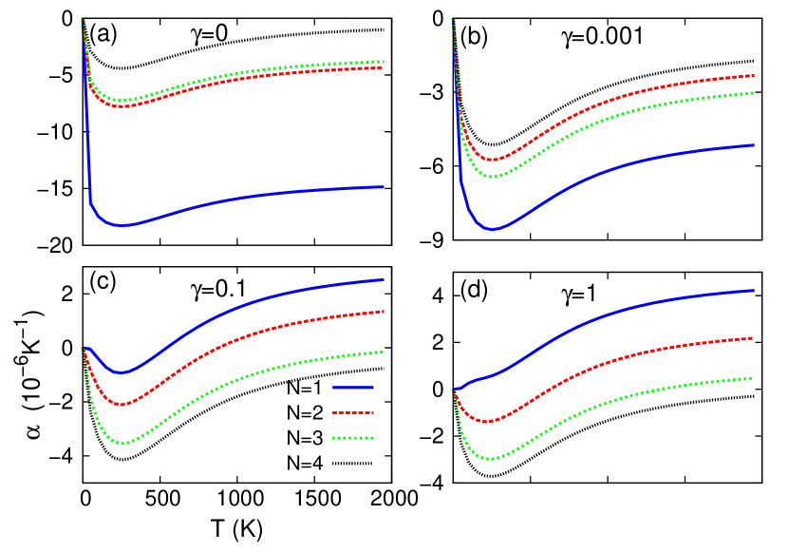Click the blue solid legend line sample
pos(352,388)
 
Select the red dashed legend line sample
pos(352,413)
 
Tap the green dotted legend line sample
pos(352,438)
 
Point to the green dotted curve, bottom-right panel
pos(617,399)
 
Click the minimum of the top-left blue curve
pos(123,225)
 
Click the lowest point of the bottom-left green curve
pos(122,444)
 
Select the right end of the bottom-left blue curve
pos(384,279)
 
